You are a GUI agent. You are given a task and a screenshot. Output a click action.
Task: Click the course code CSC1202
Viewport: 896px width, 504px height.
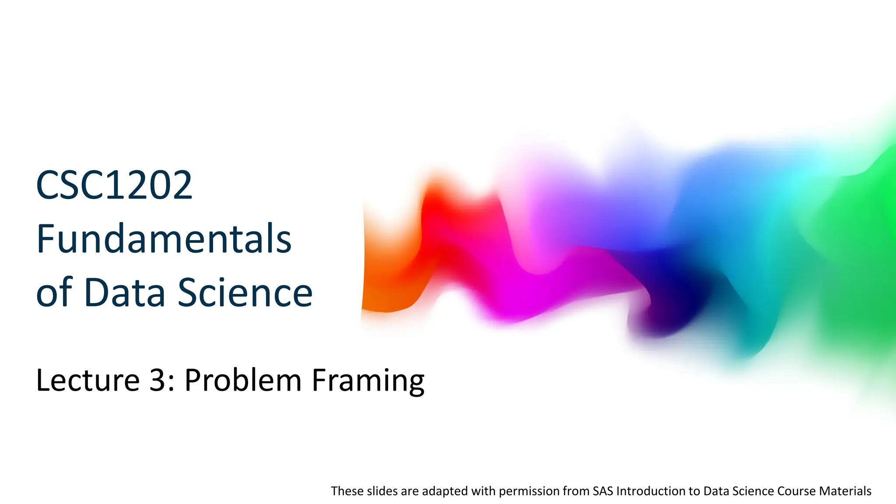pos(114,185)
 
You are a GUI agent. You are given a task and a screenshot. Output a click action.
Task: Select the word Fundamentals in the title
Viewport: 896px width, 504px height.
pos(164,239)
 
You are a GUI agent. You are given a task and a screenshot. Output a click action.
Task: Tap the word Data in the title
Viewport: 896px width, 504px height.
pos(125,292)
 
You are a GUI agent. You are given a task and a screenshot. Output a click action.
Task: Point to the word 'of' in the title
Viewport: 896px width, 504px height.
pos(54,292)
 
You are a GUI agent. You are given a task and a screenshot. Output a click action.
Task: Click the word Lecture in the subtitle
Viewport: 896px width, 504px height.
pos(87,380)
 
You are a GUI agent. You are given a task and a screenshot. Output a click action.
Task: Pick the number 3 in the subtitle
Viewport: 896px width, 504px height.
pos(157,380)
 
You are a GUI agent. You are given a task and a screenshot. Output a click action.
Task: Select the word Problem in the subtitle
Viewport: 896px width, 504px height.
pos(243,380)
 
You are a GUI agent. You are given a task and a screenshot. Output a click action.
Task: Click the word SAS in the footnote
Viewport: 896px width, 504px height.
pos(603,491)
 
